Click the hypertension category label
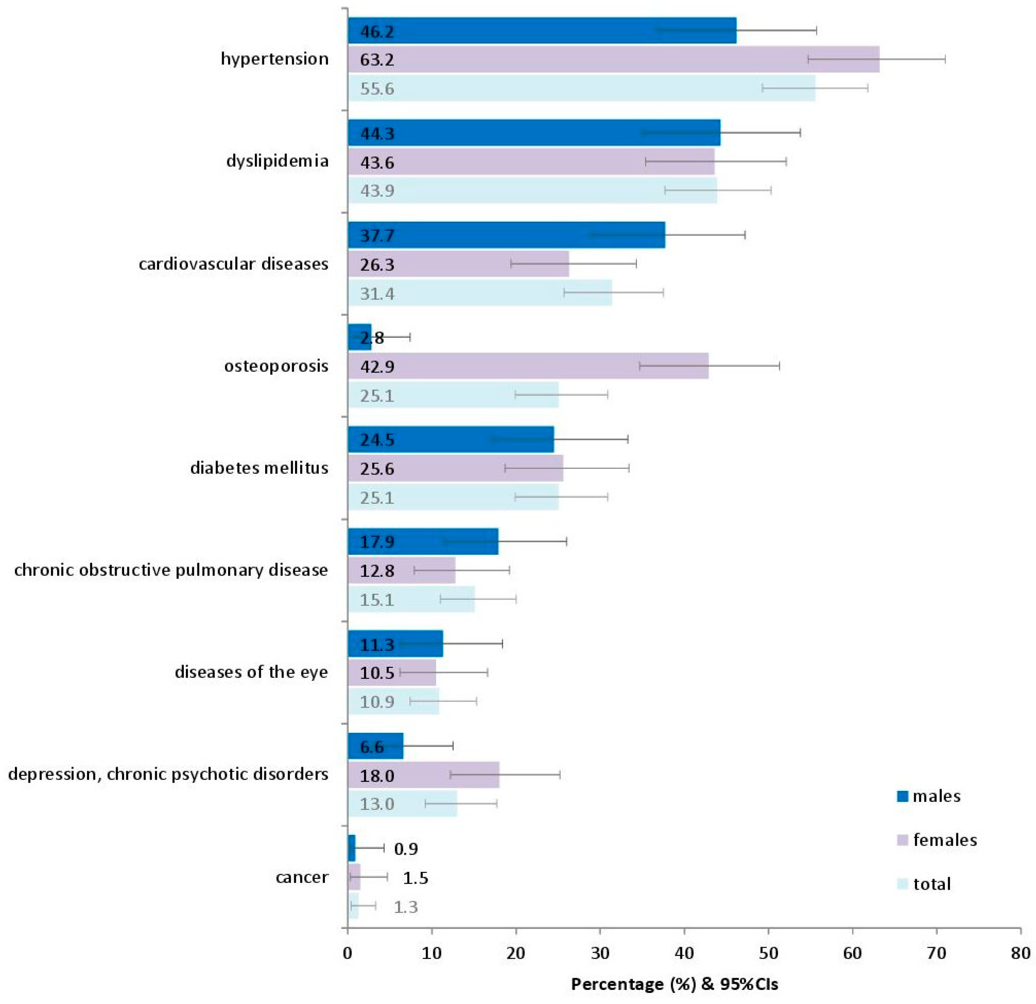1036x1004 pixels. (x=274, y=59)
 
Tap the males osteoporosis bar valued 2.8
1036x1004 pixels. (x=359, y=337)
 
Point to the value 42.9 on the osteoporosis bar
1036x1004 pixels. (x=377, y=367)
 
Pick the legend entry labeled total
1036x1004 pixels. (x=932, y=883)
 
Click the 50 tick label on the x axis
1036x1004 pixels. (x=768, y=953)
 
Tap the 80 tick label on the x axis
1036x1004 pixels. (x=1020, y=953)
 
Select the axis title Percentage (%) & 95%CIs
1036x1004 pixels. (x=674, y=984)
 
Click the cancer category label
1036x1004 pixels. (x=302, y=877)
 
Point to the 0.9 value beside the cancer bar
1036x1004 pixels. (x=405, y=849)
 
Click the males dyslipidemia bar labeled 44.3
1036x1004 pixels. (x=534, y=133)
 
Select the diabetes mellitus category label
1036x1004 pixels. (x=259, y=468)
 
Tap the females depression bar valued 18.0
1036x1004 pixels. (x=423, y=775)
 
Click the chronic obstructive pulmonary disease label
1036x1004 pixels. (x=171, y=570)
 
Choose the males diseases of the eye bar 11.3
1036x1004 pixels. (x=395, y=644)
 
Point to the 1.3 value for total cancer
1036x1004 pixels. (x=405, y=907)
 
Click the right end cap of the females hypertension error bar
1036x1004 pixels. (x=945, y=59)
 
